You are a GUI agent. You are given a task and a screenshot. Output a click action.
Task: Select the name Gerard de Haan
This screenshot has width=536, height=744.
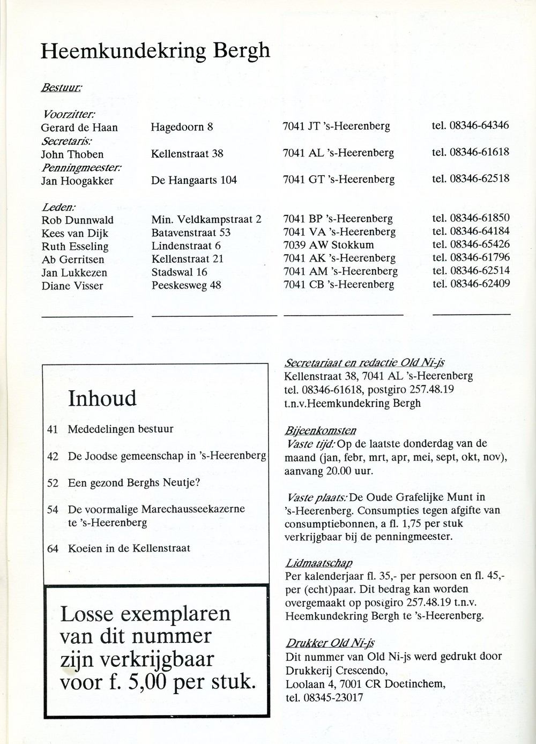(x=79, y=128)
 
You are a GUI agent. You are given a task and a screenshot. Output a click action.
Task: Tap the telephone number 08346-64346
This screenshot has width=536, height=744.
(x=479, y=125)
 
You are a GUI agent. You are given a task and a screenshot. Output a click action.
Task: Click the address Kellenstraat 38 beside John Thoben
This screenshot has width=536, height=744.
(x=187, y=153)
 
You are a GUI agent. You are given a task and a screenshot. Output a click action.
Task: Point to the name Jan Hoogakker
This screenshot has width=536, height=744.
(x=77, y=181)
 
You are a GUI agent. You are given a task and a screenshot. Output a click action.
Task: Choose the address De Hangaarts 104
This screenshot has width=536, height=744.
(x=194, y=180)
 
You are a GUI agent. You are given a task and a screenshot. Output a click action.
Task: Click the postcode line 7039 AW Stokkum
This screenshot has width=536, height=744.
(x=328, y=245)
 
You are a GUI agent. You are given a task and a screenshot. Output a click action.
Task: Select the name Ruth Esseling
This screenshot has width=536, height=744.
(x=75, y=247)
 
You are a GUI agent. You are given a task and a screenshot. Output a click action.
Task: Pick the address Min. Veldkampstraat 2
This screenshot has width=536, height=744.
(x=206, y=219)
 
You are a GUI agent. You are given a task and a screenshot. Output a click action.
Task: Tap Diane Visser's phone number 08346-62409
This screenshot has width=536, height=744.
(x=480, y=284)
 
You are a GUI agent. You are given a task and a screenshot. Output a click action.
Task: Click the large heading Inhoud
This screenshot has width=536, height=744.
(x=102, y=398)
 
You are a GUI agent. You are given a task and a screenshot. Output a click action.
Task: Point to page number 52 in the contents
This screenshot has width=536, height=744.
(x=53, y=483)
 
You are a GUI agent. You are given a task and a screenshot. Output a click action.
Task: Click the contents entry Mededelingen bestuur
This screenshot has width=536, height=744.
(x=121, y=429)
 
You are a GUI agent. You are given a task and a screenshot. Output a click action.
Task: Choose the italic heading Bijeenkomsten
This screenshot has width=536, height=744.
(x=321, y=431)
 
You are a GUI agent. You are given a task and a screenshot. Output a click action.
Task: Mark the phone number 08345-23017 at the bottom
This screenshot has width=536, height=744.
(x=332, y=697)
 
